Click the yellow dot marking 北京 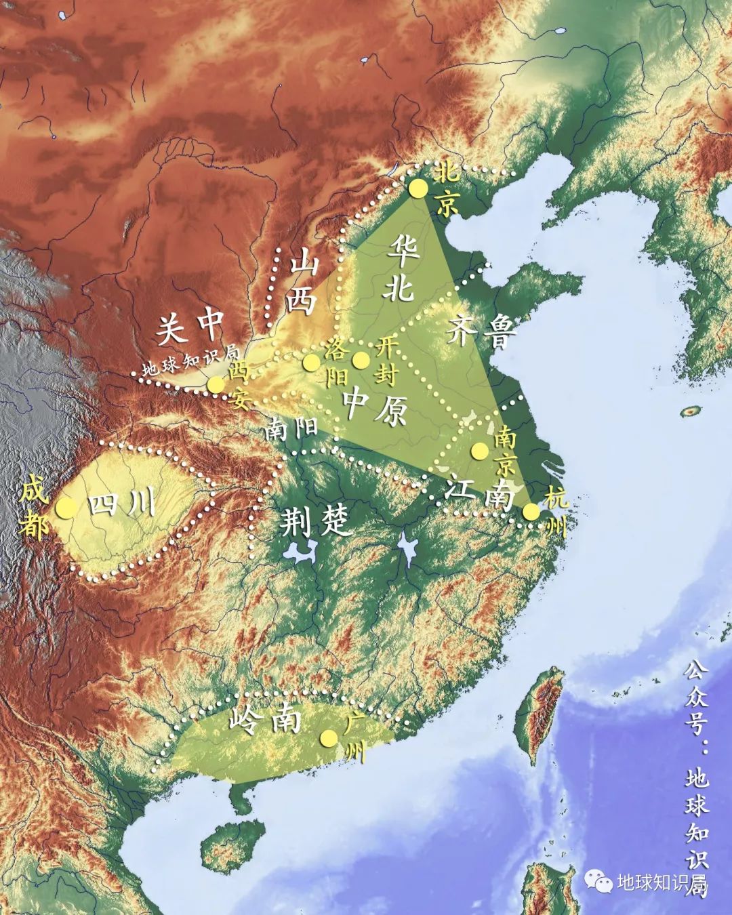[x=418, y=188]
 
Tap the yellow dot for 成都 [x=66, y=508]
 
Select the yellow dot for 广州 [x=329, y=738]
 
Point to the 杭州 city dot [x=531, y=511]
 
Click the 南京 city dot [x=480, y=450]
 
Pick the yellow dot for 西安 [x=216, y=384]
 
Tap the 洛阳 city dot [x=311, y=362]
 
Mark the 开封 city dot [x=361, y=359]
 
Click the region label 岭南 [x=265, y=719]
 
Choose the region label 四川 [x=123, y=505]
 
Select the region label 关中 [x=190, y=329]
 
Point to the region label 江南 [x=479, y=493]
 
